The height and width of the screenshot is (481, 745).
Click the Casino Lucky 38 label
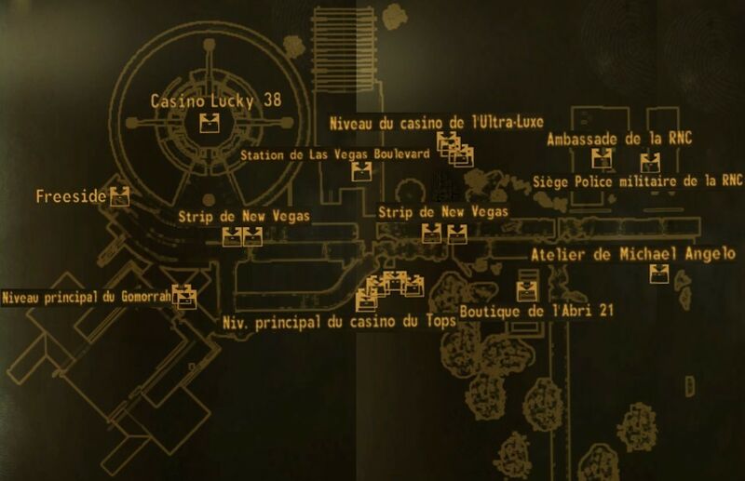pyautogui.click(x=216, y=100)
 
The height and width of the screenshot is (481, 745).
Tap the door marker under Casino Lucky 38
pyautogui.click(x=209, y=123)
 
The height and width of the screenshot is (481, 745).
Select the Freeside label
pyautogui.click(x=71, y=196)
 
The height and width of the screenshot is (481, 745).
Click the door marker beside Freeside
pyautogui.click(x=120, y=196)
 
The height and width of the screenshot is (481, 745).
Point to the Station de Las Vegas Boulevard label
pyautogui.click(x=335, y=154)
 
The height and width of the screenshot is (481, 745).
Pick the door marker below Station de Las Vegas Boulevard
pyautogui.click(x=361, y=171)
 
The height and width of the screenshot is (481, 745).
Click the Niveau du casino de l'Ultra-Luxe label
pyautogui.click(x=437, y=123)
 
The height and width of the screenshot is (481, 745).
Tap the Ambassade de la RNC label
pyautogui.click(x=619, y=139)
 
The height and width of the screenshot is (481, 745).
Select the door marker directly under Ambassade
pyautogui.click(x=602, y=158)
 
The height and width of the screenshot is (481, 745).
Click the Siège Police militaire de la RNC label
pyautogui.click(x=638, y=181)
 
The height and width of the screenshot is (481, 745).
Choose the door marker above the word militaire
pyautogui.click(x=650, y=163)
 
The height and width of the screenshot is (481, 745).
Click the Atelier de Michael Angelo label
pyautogui.click(x=633, y=255)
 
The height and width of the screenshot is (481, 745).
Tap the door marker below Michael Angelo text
pyautogui.click(x=659, y=274)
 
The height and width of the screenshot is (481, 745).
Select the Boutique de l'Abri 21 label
pyautogui.click(x=537, y=312)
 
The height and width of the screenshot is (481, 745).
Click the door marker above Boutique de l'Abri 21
pyautogui.click(x=527, y=291)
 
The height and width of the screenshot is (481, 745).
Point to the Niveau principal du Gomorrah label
pyautogui.click(x=87, y=298)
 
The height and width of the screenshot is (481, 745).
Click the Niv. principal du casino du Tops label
pyautogui.click(x=339, y=323)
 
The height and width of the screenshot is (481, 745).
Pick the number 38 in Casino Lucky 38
pyautogui.click(x=273, y=100)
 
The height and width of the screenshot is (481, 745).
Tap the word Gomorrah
pyautogui.click(x=146, y=297)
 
